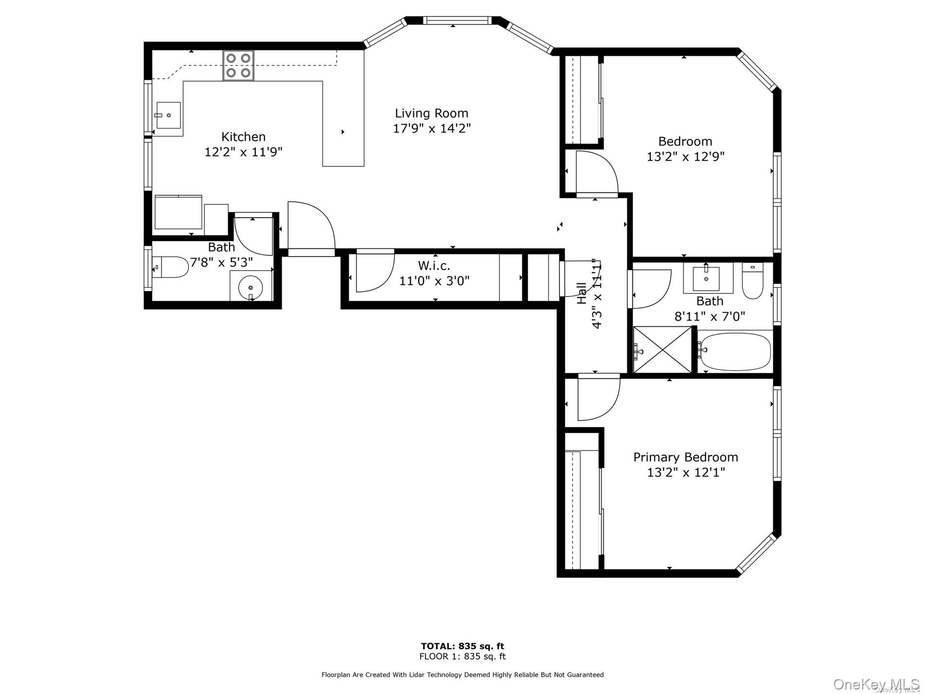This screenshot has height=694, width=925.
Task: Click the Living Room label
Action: (x=431, y=113)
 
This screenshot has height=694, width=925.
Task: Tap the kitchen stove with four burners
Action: (x=239, y=65)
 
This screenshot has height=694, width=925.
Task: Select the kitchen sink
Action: (x=168, y=115)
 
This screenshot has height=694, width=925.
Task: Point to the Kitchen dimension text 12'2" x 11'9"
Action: (x=243, y=152)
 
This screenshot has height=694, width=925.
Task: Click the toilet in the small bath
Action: (x=170, y=267)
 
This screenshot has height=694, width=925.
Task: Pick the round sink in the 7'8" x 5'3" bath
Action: (x=251, y=287)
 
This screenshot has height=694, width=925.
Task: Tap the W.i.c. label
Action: (x=434, y=266)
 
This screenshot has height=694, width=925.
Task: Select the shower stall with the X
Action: (x=662, y=350)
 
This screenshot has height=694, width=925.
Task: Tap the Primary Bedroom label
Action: (x=685, y=457)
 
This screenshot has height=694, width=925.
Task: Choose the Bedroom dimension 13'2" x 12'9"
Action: (x=685, y=157)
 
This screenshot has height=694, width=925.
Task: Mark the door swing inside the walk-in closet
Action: (x=373, y=271)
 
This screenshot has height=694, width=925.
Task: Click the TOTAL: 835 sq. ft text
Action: (x=462, y=646)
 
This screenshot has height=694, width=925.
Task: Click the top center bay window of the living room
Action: (x=456, y=20)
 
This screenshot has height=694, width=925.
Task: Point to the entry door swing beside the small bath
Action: (x=310, y=226)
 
